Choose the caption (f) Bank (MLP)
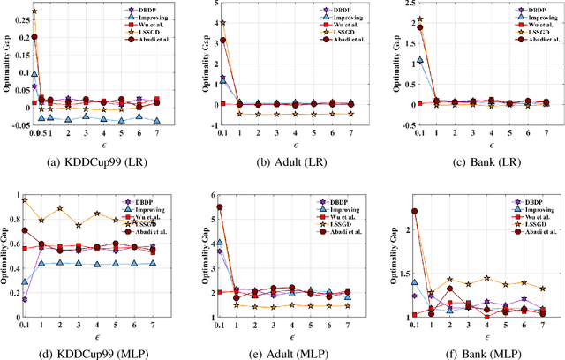(477, 352)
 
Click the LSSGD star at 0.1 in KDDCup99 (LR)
(34, 12)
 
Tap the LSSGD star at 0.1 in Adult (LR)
(222, 23)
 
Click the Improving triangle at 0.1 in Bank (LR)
(414, 61)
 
